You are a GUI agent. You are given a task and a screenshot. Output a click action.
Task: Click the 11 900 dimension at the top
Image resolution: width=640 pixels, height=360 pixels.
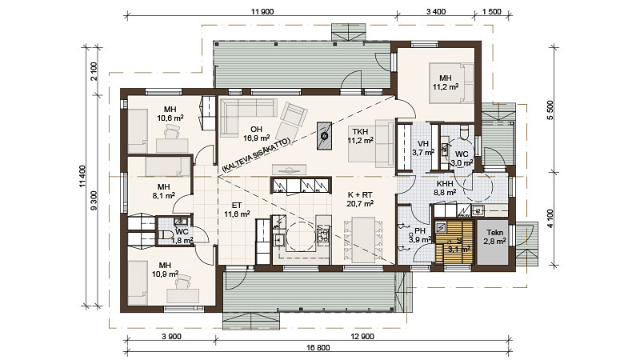tap(262, 11)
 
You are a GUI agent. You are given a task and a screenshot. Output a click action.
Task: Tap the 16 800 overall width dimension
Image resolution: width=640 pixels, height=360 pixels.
tap(318, 347)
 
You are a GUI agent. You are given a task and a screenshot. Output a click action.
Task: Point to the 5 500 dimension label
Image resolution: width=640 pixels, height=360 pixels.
tap(550, 110)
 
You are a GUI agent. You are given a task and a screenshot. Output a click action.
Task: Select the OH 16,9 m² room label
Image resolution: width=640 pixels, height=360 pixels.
tap(256, 134)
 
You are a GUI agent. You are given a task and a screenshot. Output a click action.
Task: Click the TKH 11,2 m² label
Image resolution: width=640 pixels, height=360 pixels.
tap(361, 136)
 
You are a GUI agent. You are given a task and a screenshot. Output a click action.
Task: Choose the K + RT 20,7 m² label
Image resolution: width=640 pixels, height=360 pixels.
tap(360, 198)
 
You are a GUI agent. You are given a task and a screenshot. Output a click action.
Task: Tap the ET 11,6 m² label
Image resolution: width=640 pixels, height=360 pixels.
tap(237, 210)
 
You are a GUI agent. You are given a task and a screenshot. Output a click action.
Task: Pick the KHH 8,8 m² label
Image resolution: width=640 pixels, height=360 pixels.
tap(445, 188)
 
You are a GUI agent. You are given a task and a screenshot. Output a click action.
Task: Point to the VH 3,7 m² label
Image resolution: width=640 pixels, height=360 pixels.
tap(423, 148)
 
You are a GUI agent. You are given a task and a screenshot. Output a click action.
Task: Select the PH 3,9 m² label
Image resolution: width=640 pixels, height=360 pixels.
tap(420, 235)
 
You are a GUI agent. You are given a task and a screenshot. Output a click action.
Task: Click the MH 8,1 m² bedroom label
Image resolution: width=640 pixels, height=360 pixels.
tap(164, 191)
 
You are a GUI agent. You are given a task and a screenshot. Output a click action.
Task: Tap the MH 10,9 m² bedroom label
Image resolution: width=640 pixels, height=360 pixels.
tap(165, 270)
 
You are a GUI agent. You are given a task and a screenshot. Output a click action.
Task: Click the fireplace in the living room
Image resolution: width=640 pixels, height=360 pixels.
tap(325, 136)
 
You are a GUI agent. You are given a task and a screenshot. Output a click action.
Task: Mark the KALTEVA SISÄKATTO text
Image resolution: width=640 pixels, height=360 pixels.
tap(256, 154)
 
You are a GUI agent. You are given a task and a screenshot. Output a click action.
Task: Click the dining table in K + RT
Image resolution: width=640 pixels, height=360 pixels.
tap(363, 239)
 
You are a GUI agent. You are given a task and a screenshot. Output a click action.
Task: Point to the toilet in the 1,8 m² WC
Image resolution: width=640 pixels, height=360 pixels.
tap(165, 236)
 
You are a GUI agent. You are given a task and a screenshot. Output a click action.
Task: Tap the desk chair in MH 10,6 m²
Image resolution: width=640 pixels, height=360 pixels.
tap(171, 132)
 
